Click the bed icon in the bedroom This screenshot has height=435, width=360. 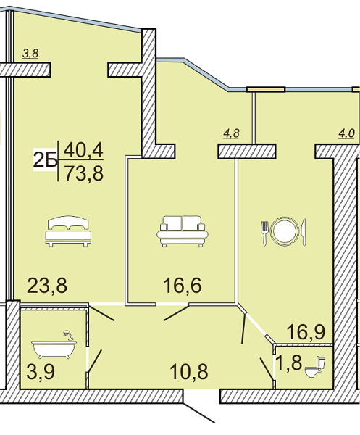point(68,231)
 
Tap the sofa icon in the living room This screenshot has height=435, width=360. point(183,231)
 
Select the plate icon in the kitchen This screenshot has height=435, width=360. point(285,231)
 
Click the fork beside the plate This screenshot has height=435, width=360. point(264,233)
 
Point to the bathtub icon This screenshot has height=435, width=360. point(54,345)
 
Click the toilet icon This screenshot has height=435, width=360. point(315,367)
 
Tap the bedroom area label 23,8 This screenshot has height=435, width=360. point(47,286)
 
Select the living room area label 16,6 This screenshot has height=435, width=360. point(182,286)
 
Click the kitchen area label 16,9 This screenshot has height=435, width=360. point(306,332)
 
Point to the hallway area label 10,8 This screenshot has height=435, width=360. point(189,372)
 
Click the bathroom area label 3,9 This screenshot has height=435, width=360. point(41,372)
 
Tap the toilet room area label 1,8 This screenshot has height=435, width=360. point(289,362)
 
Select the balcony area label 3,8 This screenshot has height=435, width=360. point(30,53)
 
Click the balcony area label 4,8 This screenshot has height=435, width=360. point(231,133)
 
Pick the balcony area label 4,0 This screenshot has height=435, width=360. point(346,133)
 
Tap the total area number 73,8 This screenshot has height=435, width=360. point(84,174)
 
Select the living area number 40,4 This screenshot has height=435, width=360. point(83,150)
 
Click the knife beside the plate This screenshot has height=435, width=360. point(304,233)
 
